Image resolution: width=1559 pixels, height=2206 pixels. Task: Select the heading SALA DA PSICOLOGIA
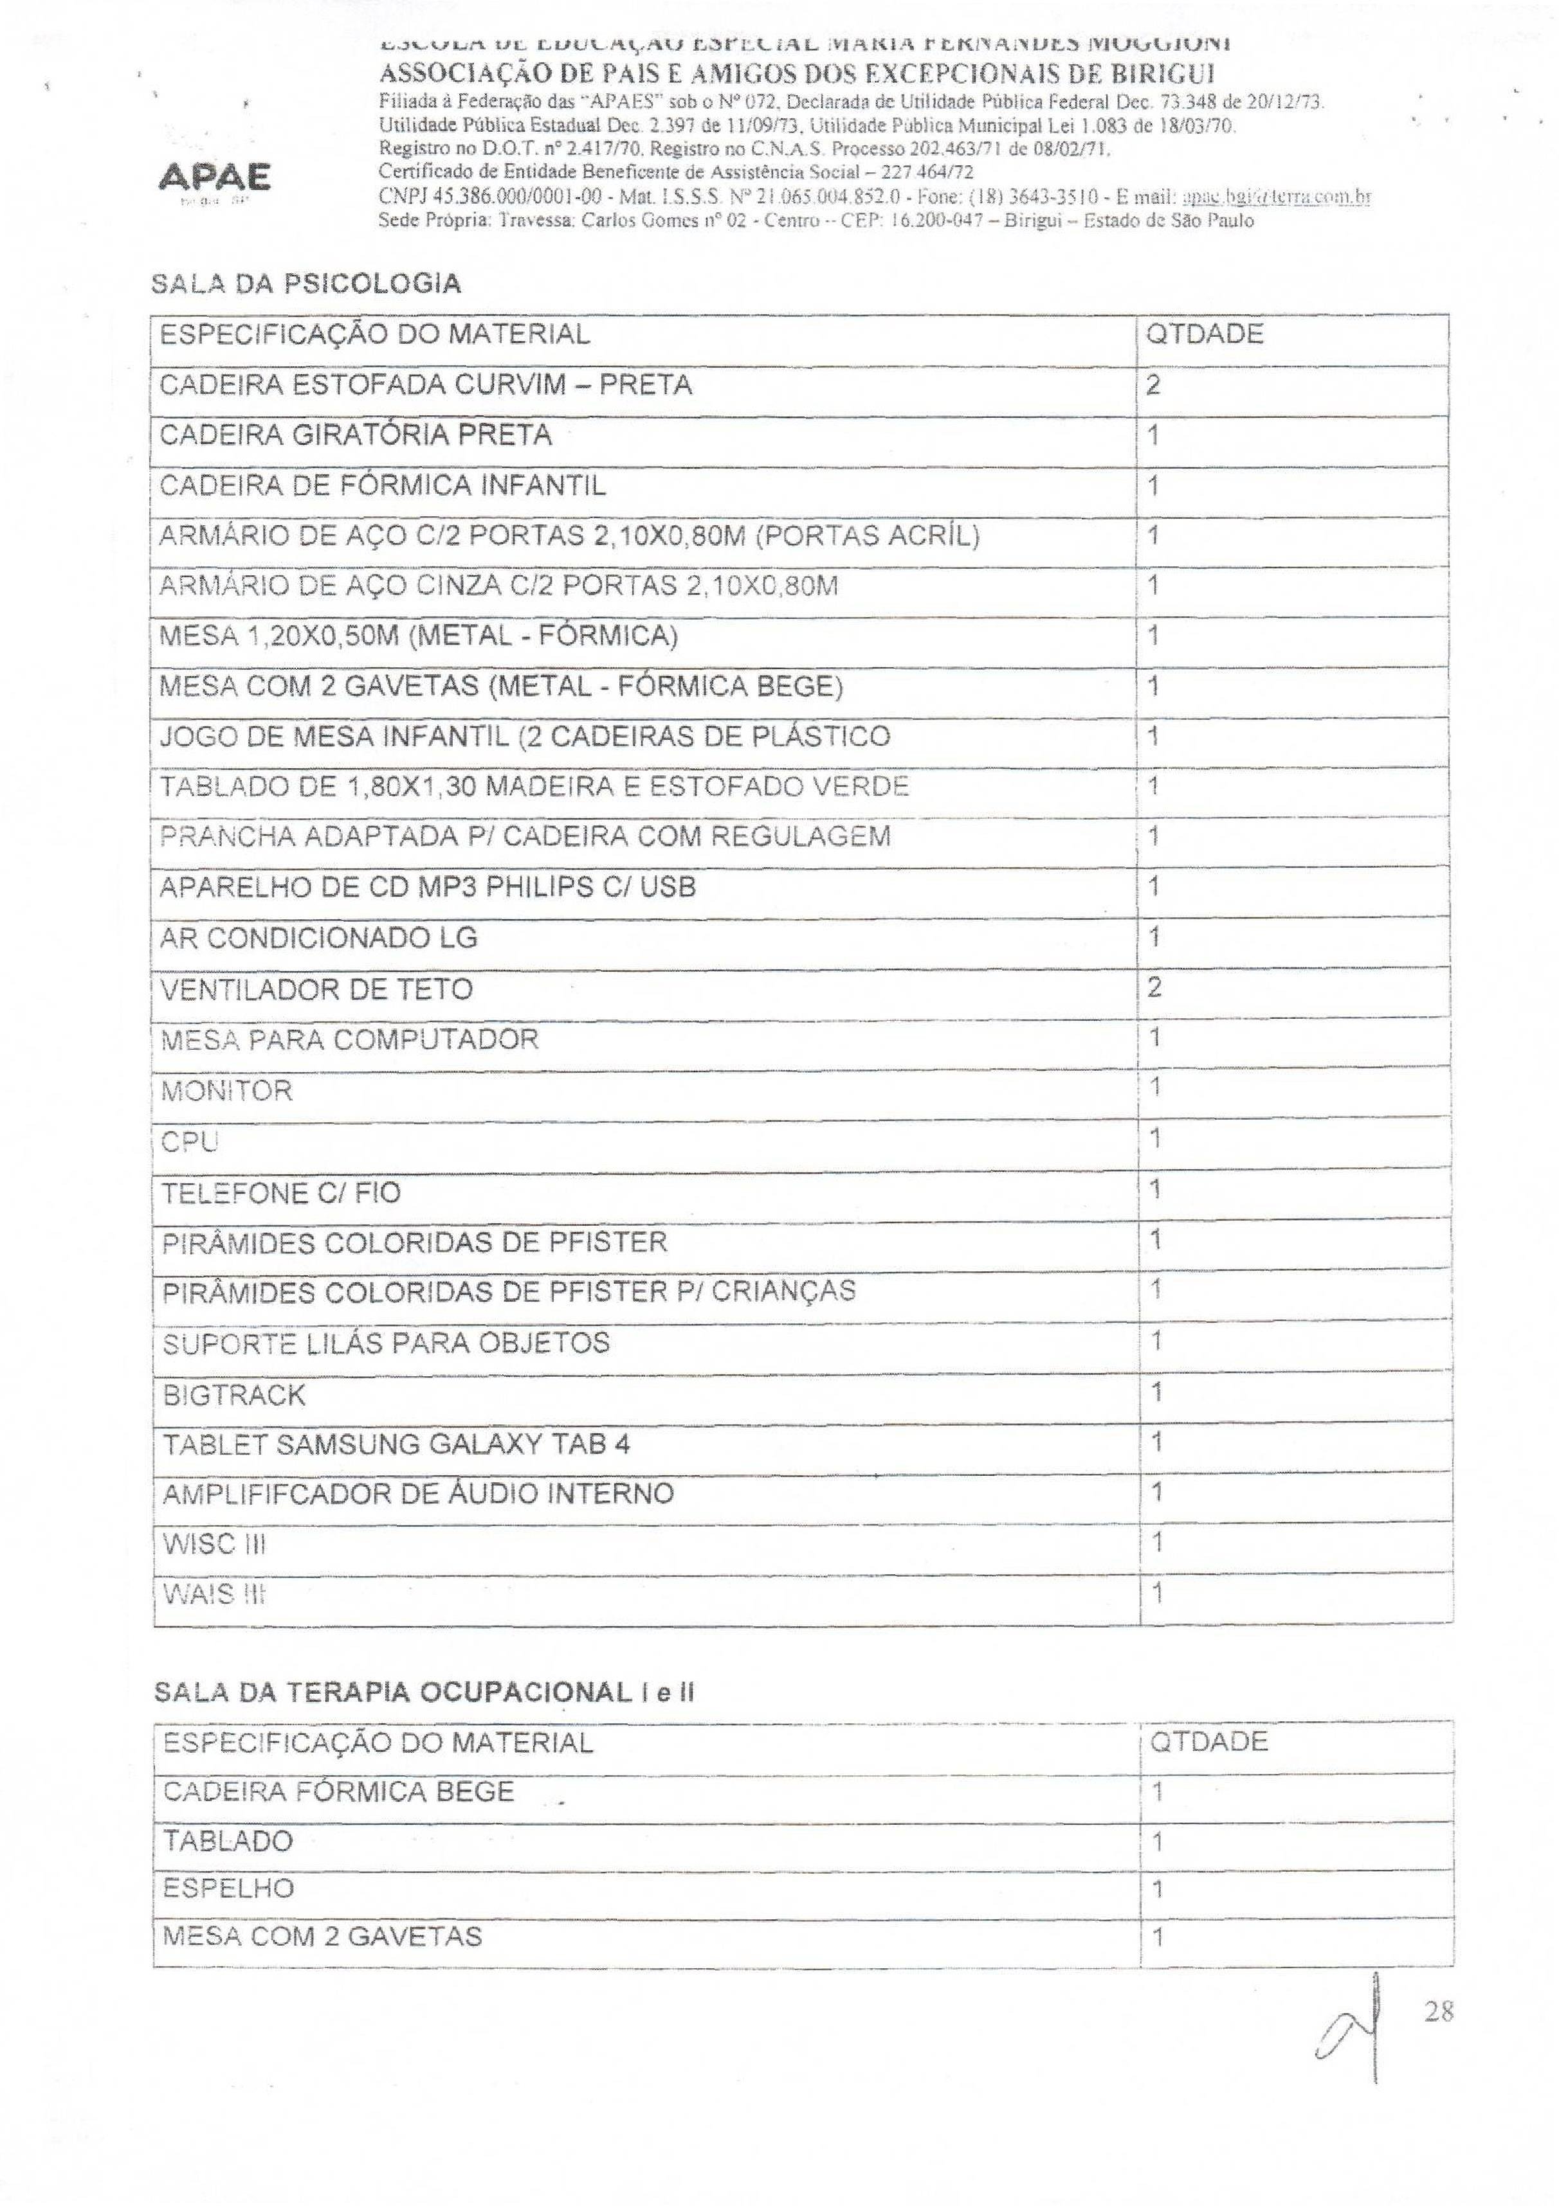(x=305, y=283)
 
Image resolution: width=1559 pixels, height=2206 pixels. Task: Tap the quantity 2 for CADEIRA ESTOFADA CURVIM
(x=1153, y=385)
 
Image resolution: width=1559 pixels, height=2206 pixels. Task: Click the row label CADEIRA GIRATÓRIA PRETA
(x=356, y=435)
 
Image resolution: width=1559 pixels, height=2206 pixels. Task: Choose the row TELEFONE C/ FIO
(x=280, y=1192)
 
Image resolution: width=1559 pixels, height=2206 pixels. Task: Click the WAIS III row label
(x=214, y=1595)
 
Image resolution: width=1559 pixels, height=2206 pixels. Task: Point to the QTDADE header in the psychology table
(x=1205, y=334)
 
